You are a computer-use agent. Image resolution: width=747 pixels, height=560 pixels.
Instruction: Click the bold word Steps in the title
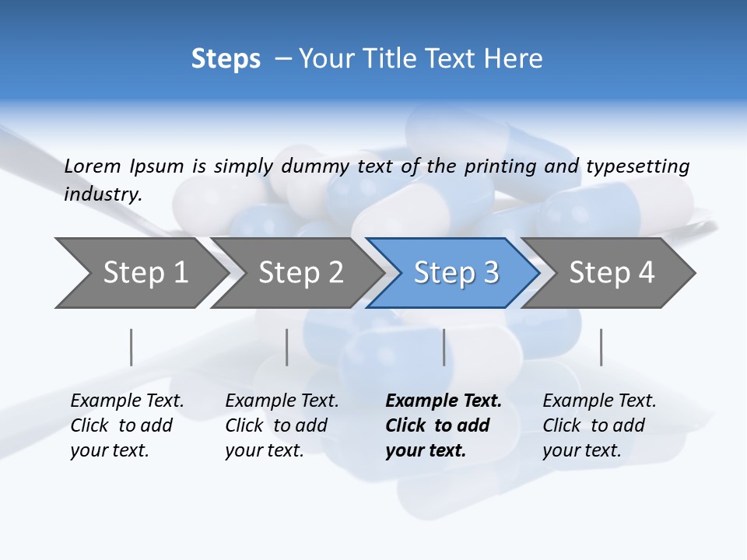pos(226,58)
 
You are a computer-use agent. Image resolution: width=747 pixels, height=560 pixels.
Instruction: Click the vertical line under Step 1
pos(132,347)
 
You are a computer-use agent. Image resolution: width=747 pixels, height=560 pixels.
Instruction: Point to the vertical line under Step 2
pos(287,347)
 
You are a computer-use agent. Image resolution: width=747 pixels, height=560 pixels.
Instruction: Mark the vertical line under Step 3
pos(444,347)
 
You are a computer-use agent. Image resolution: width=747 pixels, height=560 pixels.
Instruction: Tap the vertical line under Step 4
pos(601,347)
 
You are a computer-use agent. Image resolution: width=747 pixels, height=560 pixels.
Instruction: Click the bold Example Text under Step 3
pos(444,401)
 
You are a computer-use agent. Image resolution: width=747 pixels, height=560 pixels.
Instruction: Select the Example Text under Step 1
pos(127,401)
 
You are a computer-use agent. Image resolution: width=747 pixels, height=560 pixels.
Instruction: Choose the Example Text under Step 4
pos(599,401)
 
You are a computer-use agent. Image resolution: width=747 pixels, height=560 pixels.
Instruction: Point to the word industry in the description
pos(103,194)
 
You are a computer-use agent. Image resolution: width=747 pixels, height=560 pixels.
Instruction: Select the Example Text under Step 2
pos(282,401)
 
